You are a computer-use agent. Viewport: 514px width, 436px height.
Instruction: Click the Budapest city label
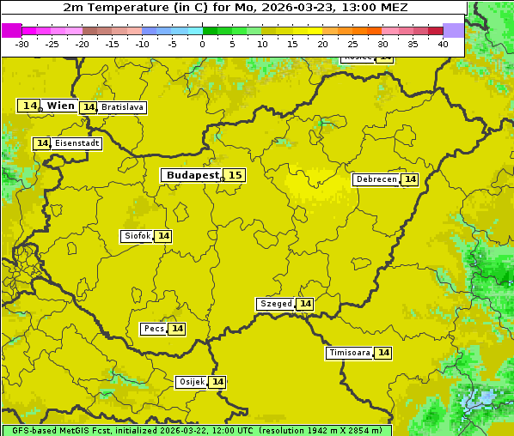point(193,175)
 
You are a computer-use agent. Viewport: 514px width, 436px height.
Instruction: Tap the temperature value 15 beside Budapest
point(235,175)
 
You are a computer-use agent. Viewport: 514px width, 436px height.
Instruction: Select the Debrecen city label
point(376,179)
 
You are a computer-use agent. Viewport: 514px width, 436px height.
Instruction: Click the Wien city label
point(60,106)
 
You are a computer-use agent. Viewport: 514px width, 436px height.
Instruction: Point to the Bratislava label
point(121,107)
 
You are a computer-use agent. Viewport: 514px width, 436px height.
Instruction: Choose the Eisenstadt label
point(76,143)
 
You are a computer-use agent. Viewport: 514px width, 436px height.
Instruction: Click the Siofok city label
point(137,236)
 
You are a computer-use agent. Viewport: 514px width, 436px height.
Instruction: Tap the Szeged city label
point(276,304)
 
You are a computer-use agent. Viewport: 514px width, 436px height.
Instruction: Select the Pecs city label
point(154,329)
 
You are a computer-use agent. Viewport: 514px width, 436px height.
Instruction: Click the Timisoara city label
point(350,353)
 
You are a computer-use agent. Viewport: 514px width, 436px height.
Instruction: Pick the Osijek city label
point(191,382)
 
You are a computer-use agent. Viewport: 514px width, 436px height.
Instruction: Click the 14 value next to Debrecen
point(410,179)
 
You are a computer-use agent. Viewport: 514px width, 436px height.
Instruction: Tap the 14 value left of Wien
point(30,106)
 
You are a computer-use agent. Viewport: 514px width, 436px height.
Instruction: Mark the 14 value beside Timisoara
point(383,353)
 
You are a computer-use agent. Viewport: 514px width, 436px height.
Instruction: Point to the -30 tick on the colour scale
point(22,44)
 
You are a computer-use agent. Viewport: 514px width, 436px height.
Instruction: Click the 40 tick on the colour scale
point(443,44)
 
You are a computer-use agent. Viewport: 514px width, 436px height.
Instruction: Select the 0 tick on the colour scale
point(203,44)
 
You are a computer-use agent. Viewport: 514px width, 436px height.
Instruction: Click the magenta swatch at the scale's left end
point(11,30)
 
